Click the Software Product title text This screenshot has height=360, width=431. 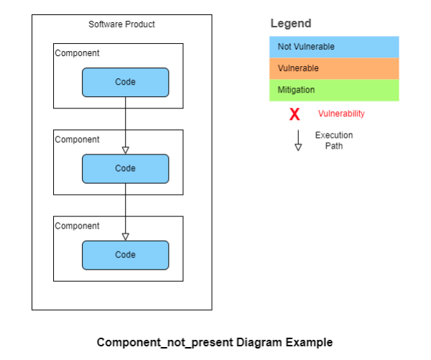tap(121, 24)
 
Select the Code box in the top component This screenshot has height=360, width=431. tap(125, 82)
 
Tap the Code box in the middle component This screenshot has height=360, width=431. tap(125, 168)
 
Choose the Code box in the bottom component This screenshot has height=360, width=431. tap(125, 255)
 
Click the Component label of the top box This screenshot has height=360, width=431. tap(78, 53)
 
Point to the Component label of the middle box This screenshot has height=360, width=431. tap(78, 139)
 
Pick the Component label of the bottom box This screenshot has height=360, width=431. tap(78, 226)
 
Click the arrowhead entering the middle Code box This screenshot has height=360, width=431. tap(125, 149)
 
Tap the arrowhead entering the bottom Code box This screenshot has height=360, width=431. tap(125, 236)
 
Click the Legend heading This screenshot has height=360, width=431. tap(291, 24)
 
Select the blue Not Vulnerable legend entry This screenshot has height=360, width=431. tap(334, 47)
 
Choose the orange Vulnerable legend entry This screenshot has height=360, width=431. tap(334, 68)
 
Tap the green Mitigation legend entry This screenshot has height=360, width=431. tap(334, 90)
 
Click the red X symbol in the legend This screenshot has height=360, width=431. tap(295, 114)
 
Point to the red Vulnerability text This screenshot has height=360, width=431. tap(341, 114)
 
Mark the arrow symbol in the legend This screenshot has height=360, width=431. tap(298, 141)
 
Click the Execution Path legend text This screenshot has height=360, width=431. tap(334, 140)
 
